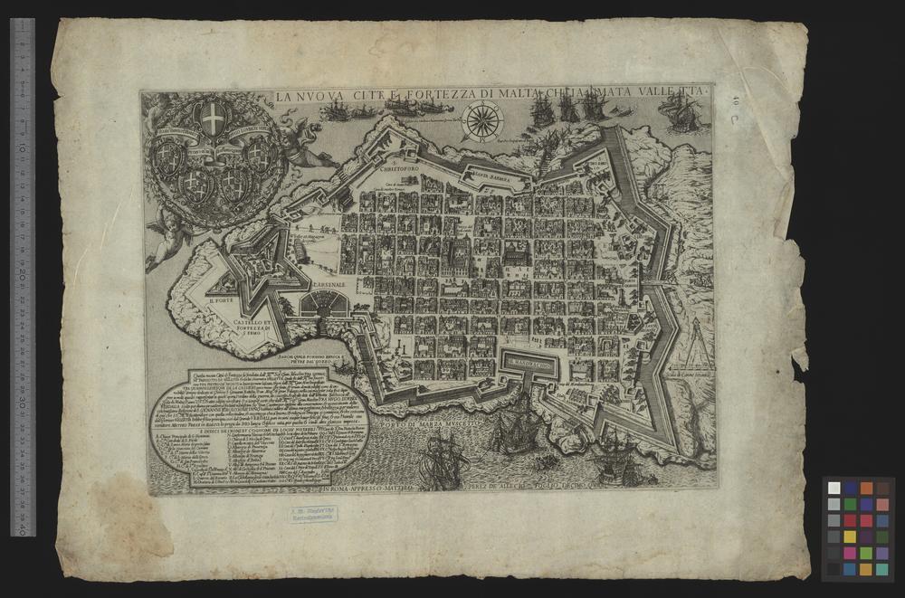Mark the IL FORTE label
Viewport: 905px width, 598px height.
222,302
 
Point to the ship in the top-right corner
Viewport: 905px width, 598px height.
680,113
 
